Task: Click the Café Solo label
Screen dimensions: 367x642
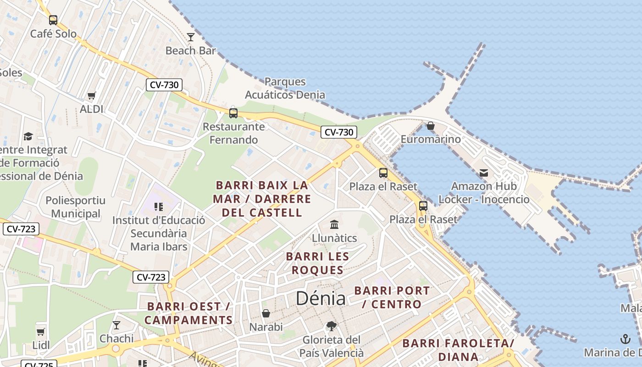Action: [53, 34]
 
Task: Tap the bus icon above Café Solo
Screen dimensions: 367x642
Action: [53, 20]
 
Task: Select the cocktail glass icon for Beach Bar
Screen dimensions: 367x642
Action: [191, 37]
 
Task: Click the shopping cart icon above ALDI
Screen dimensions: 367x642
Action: [92, 96]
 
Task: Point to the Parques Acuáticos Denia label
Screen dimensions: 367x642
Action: [285, 88]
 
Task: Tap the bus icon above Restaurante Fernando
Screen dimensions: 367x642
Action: [233, 113]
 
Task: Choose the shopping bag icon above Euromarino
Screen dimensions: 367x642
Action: [431, 126]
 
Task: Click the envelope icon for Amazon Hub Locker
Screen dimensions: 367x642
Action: [484, 173]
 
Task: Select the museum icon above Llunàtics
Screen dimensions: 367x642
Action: [334, 225]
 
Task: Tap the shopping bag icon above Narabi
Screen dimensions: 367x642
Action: [266, 314]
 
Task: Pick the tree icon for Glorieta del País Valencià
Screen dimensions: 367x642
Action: [332, 327]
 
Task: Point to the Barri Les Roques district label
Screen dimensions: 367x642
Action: [317, 263]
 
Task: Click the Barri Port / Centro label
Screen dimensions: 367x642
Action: [392, 297]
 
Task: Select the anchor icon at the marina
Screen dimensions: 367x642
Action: [625, 339]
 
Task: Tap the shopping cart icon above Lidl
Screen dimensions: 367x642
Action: [41, 332]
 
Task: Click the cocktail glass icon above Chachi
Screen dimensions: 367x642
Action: [116, 325]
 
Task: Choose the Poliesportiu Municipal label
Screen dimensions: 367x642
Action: [76, 207]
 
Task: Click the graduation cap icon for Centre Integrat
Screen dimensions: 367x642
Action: [28, 136]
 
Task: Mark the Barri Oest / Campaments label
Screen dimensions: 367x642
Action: [188, 313]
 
